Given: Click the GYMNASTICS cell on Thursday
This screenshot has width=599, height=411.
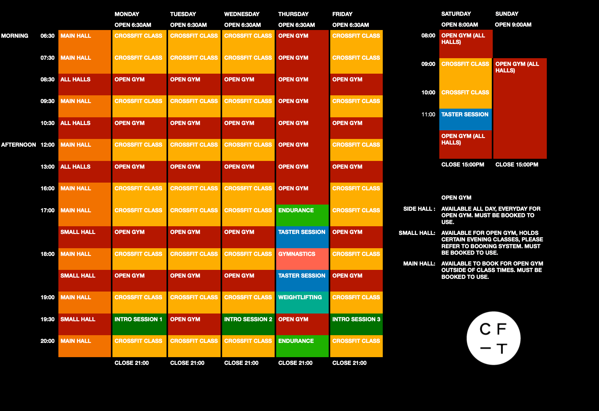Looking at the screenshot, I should click(302, 258).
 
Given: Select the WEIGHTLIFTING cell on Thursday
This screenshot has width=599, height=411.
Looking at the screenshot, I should click(302, 302).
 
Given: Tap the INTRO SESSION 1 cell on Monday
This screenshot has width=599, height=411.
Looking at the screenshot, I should click(139, 324).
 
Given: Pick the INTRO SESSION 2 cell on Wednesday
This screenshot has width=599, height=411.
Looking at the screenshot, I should click(248, 324).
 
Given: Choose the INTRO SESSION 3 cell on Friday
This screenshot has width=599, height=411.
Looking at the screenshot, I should click(356, 324).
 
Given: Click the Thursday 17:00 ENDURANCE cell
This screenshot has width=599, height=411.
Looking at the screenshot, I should click(302, 215).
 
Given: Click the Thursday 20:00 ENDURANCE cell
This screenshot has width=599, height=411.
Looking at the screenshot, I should click(302, 345).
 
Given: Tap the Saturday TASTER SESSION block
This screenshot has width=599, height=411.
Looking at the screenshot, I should click(465, 119).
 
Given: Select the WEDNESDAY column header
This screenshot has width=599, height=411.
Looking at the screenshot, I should click(242, 14).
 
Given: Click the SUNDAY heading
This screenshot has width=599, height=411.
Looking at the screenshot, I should click(507, 14).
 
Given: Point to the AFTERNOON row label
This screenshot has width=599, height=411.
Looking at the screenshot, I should click(19, 145).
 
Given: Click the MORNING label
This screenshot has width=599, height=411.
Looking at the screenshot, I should click(15, 36).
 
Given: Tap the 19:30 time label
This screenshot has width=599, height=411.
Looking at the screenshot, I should click(47, 319).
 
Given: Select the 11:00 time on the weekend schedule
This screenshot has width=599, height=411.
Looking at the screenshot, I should click(428, 115).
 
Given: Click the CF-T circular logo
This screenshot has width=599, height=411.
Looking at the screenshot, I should click(493, 338).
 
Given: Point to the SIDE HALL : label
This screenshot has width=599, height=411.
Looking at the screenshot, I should click(419, 209).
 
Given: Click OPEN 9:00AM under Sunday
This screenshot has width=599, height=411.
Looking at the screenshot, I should click(513, 25).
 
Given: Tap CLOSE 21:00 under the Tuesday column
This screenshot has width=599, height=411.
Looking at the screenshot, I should click(187, 363).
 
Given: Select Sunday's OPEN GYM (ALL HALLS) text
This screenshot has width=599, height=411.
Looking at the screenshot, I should click(517, 67).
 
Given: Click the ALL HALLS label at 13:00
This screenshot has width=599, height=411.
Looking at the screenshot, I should click(75, 167).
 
